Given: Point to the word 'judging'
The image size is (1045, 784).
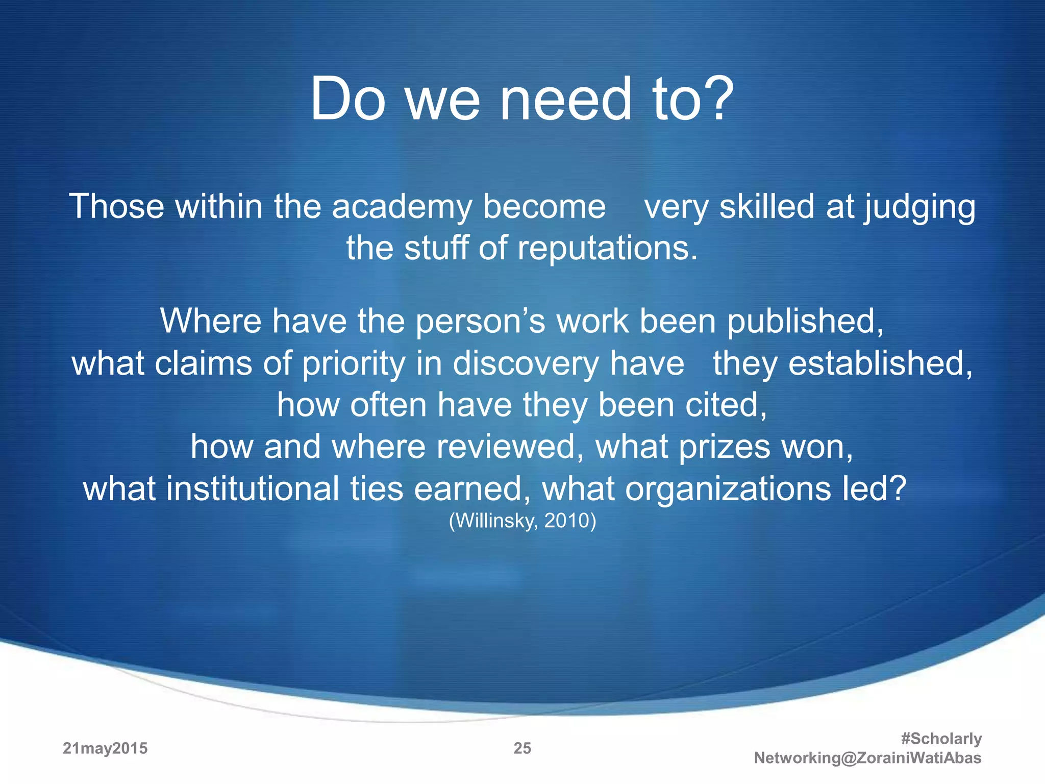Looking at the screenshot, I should (x=919, y=207).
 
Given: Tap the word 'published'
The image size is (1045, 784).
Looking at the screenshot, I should (x=805, y=322).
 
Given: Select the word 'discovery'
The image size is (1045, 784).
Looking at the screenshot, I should (x=526, y=364).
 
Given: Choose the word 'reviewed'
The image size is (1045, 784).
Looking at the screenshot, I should (x=510, y=447).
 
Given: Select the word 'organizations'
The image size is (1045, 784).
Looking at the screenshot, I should (x=728, y=489).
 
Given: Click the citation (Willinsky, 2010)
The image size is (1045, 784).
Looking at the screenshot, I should (x=522, y=521).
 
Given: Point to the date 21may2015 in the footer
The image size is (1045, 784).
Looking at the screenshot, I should (x=105, y=748).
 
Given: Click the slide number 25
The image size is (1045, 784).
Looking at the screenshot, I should (x=522, y=748).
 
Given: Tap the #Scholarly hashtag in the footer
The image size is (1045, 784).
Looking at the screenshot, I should (x=941, y=739).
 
